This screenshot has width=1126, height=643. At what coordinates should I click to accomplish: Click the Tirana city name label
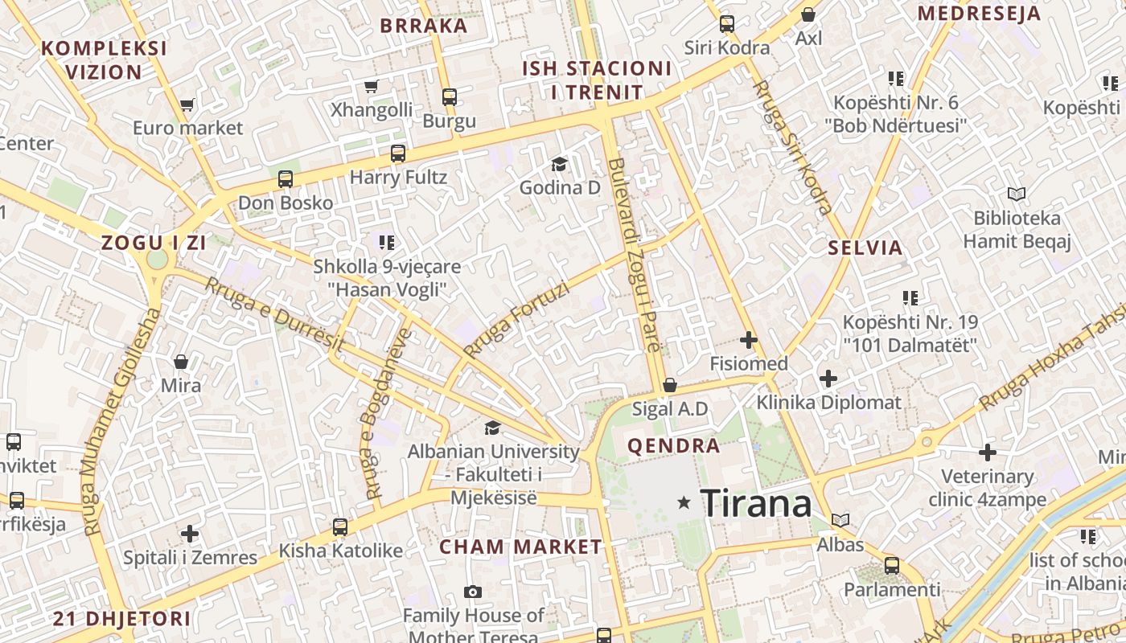(756, 504)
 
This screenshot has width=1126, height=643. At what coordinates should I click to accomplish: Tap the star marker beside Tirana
(684, 503)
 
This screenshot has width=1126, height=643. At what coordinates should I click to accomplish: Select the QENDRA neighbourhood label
(674, 446)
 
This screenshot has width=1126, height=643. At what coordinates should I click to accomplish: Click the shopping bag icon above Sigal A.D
(669, 386)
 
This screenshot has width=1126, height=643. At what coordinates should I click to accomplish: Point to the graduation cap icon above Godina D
(559, 165)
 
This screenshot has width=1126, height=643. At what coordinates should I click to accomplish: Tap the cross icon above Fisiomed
(749, 340)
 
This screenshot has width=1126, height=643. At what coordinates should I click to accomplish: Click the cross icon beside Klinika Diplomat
(828, 378)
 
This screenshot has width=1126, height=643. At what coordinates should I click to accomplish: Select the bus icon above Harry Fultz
(398, 154)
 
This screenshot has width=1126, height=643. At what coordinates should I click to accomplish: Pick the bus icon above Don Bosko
(286, 179)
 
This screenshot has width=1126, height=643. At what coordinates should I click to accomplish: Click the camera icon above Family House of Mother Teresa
(473, 592)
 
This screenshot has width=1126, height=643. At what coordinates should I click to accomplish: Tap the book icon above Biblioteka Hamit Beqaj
(1017, 194)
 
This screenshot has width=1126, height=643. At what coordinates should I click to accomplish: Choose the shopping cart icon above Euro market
(187, 104)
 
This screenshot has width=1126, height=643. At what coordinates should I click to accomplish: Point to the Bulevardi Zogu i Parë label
(635, 256)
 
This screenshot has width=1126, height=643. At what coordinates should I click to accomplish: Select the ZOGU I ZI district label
(154, 243)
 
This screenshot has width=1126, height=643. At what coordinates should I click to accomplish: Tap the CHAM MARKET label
(520, 547)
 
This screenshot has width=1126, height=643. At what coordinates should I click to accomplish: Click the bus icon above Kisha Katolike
(340, 527)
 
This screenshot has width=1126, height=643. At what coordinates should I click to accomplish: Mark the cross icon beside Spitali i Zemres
(190, 534)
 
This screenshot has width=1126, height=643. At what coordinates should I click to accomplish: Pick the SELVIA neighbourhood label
(865, 248)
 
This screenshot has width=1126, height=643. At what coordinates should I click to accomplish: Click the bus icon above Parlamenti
(892, 565)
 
